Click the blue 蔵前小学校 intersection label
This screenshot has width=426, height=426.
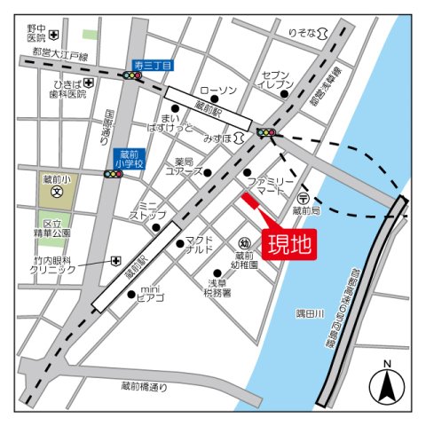[128, 158]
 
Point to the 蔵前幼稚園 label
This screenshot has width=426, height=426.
[246, 260]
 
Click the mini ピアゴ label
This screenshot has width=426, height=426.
[150, 294]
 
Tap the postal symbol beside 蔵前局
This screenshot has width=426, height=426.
[303, 199]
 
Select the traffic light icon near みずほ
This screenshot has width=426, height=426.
[265, 133]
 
